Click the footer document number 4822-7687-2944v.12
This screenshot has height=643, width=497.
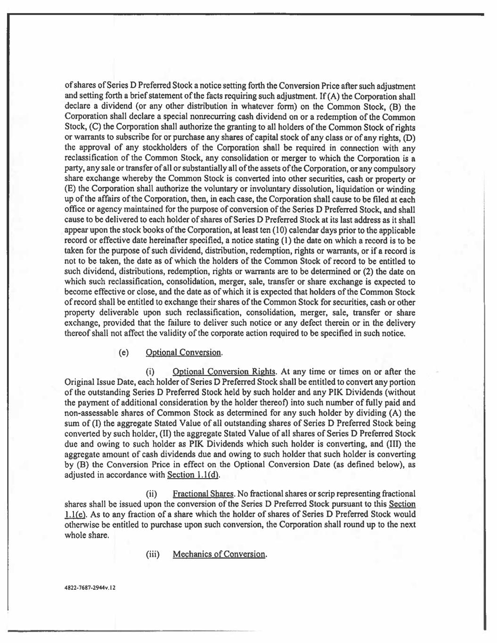[x=90, y=587]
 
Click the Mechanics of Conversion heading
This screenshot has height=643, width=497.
[x=220, y=554]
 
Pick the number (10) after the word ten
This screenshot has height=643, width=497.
[x=293, y=230]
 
